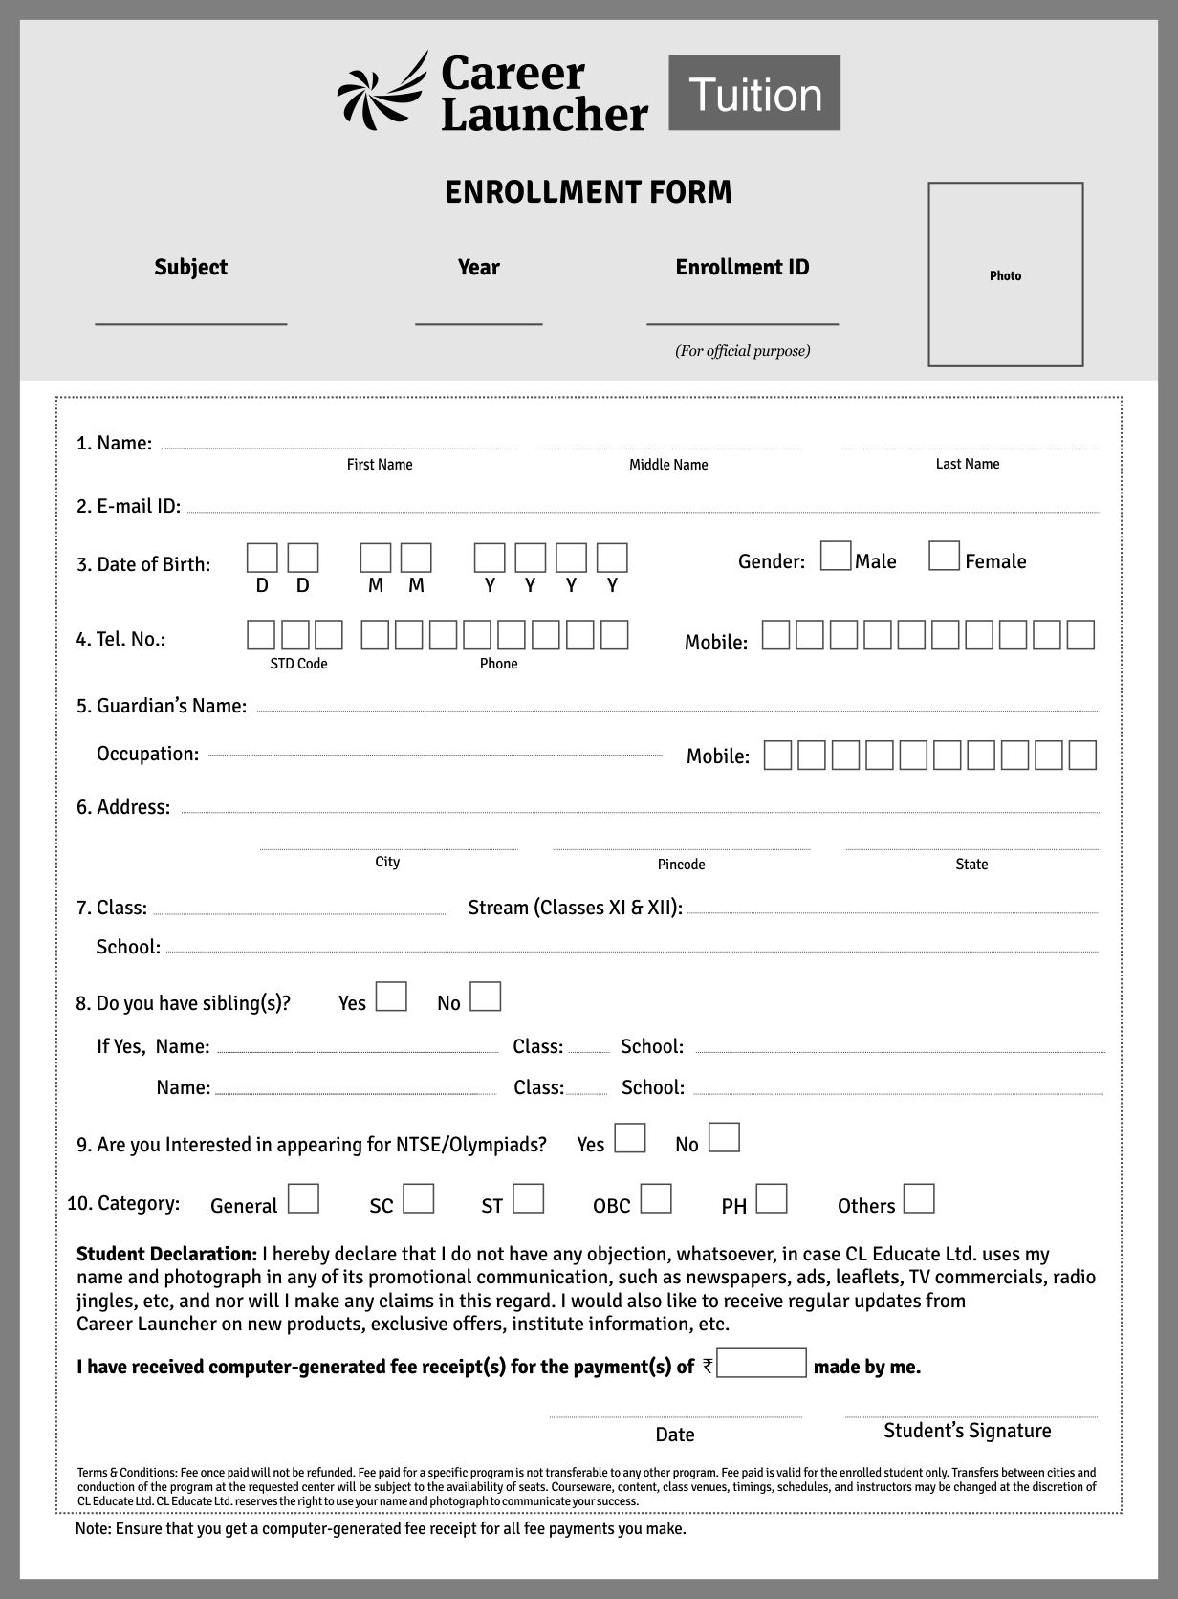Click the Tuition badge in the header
(754, 93)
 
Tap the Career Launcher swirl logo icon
(382, 91)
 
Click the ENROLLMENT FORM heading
(588, 192)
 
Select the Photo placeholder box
(1005, 274)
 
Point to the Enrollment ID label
(742, 267)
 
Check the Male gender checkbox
(836, 557)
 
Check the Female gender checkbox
(944, 557)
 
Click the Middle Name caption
(668, 465)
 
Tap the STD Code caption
(298, 664)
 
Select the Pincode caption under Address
(681, 865)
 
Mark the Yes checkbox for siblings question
(391, 997)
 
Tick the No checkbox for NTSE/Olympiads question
(724, 1138)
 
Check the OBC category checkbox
(656, 1199)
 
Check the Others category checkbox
(919, 1199)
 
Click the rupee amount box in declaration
(761, 1364)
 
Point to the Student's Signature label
(967, 1431)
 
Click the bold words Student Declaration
(166, 1254)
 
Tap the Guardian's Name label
(162, 706)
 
